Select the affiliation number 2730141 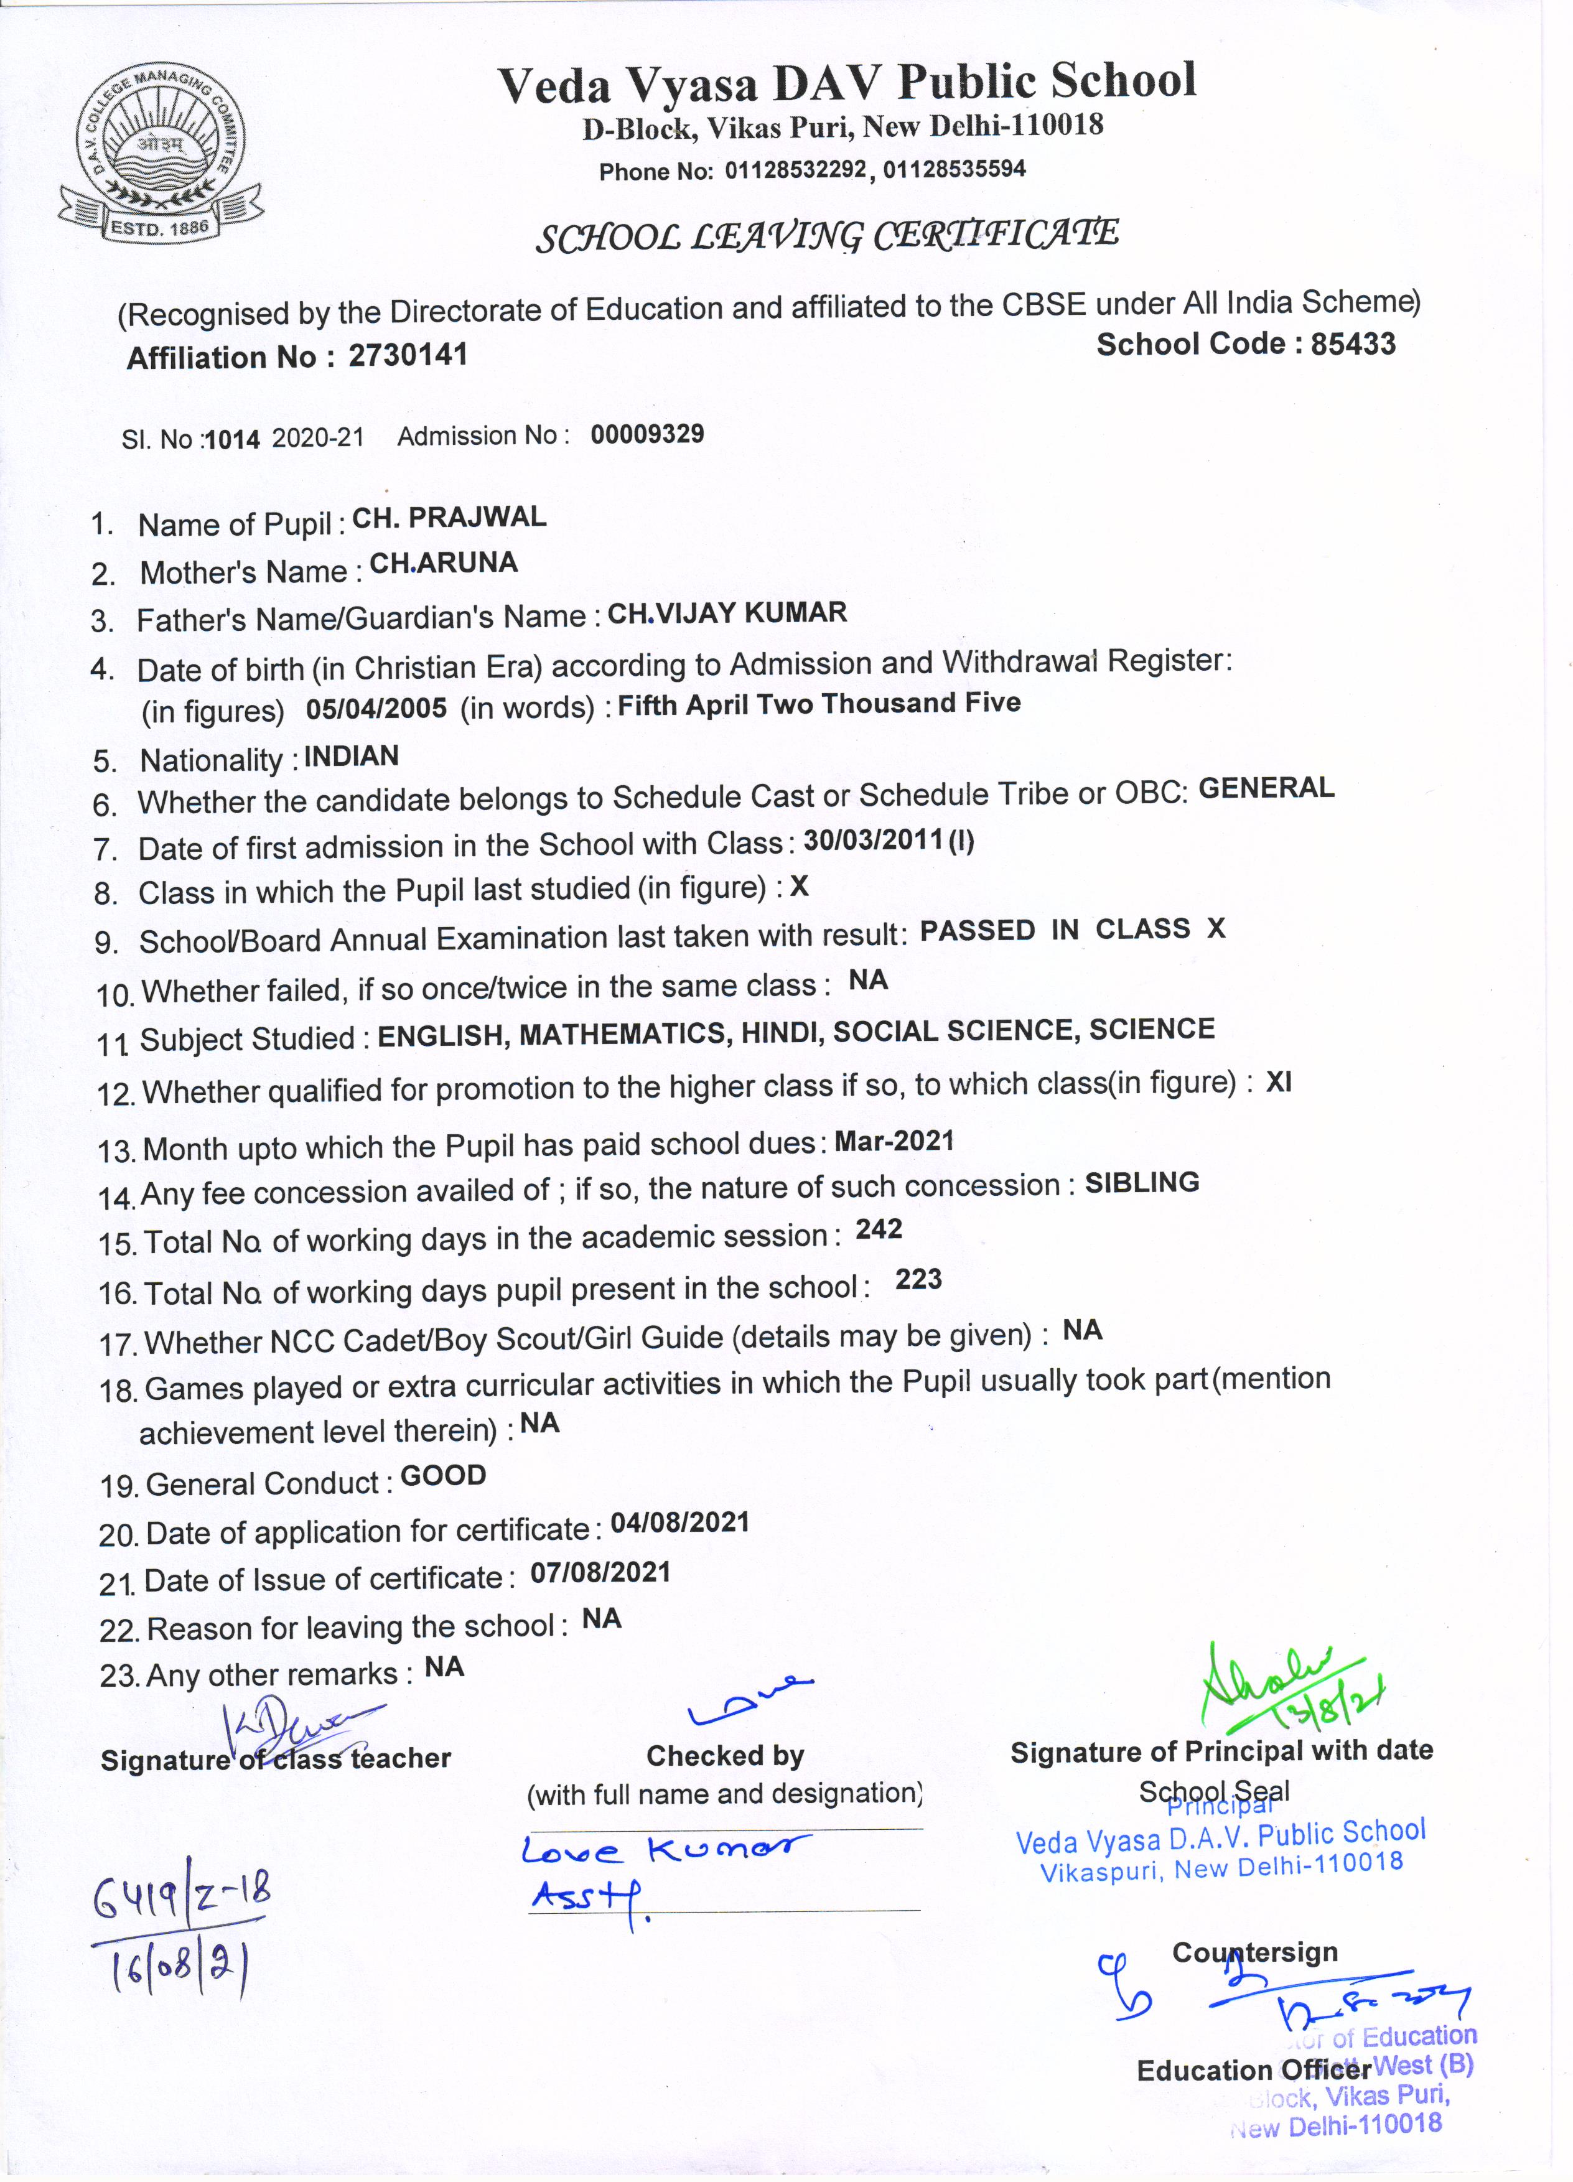pos(408,355)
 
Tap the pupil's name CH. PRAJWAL pos(449,518)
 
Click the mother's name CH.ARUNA pos(444,563)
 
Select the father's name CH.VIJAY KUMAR pos(727,613)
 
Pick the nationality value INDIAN pos(351,756)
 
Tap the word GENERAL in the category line pos(1266,788)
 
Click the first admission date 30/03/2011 pos(872,840)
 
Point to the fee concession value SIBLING pos(1142,1182)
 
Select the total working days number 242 pos(879,1229)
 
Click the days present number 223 pos(918,1280)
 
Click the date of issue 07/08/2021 pos(600,1573)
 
